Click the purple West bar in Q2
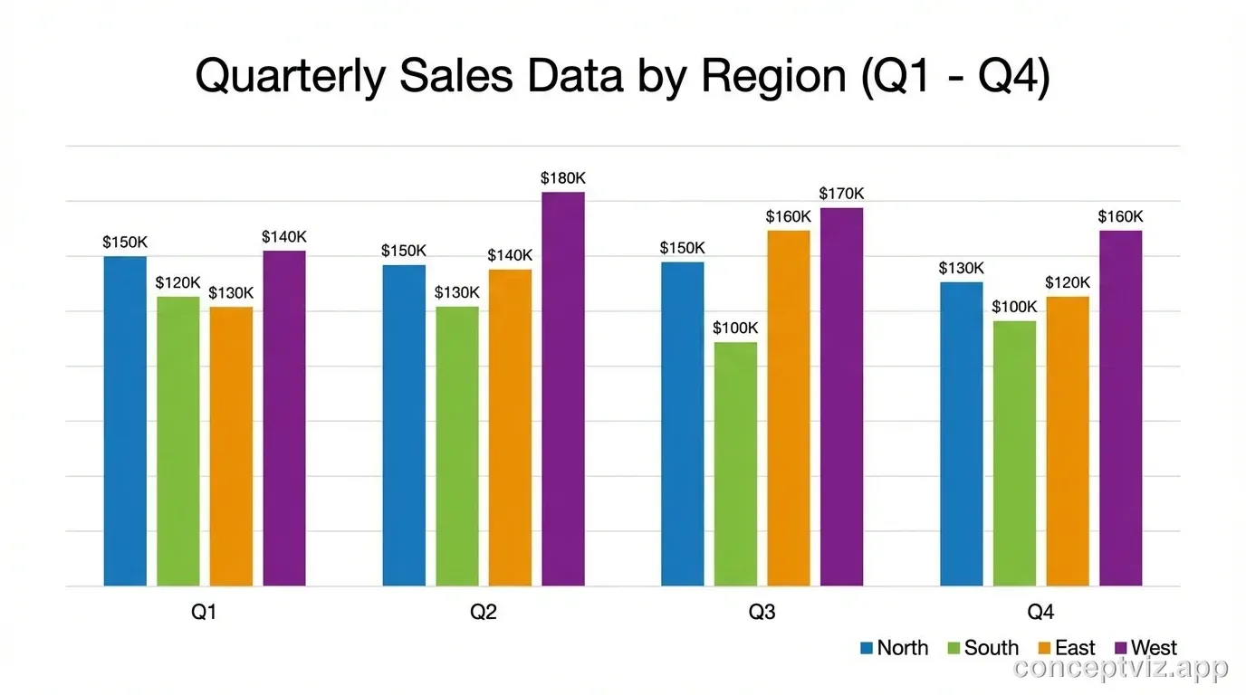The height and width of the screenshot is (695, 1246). click(563, 389)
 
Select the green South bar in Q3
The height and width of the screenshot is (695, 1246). click(735, 463)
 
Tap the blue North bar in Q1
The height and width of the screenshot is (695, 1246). click(125, 421)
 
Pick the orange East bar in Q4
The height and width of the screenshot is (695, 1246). click(1068, 441)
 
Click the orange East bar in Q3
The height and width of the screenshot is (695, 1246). click(789, 407)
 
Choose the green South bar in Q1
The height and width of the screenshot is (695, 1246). click(178, 441)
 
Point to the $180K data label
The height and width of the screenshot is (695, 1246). click(563, 178)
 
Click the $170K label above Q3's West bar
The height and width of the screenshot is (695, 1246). click(841, 194)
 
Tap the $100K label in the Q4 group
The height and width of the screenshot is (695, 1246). click(1014, 307)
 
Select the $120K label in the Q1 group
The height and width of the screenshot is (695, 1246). click(178, 282)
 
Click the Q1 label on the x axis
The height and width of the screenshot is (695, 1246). click(204, 613)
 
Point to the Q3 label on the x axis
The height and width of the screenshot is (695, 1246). click(762, 613)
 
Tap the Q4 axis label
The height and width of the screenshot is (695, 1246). click(1040, 613)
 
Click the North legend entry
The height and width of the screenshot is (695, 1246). click(894, 648)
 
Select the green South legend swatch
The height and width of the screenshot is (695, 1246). click(953, 648)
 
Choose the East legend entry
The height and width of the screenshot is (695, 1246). click(1066, 648)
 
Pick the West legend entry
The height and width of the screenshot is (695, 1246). click(1145, 648)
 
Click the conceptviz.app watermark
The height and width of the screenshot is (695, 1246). click(1121, 669)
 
